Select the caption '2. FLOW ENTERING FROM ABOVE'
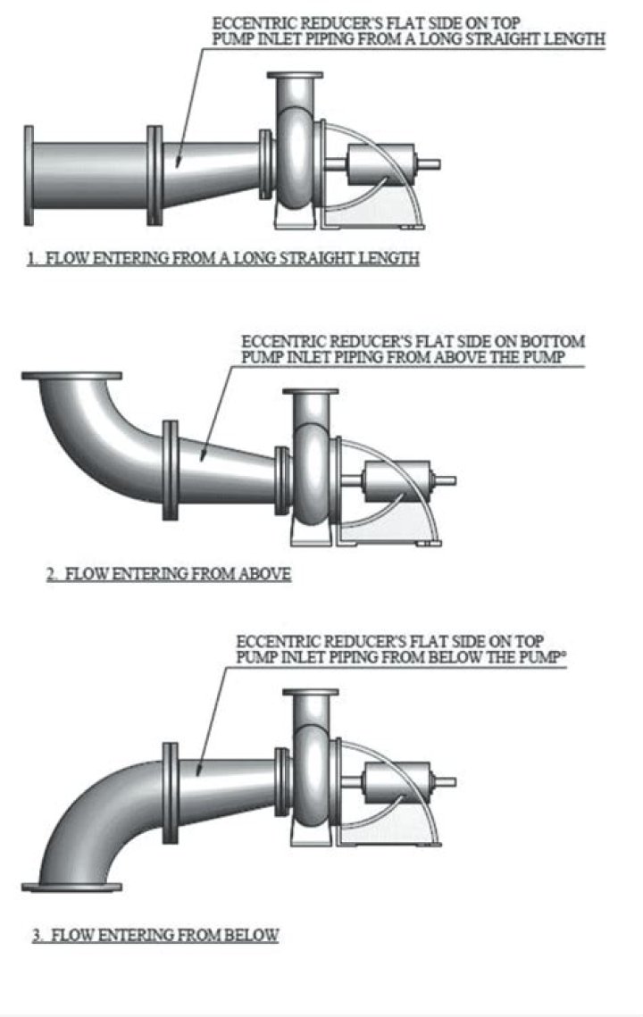169,574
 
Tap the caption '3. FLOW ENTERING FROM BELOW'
155,936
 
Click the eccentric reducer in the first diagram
211,170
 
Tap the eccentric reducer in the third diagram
223,778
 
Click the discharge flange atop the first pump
295,77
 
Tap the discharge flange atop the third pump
310,693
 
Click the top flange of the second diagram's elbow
71,376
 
